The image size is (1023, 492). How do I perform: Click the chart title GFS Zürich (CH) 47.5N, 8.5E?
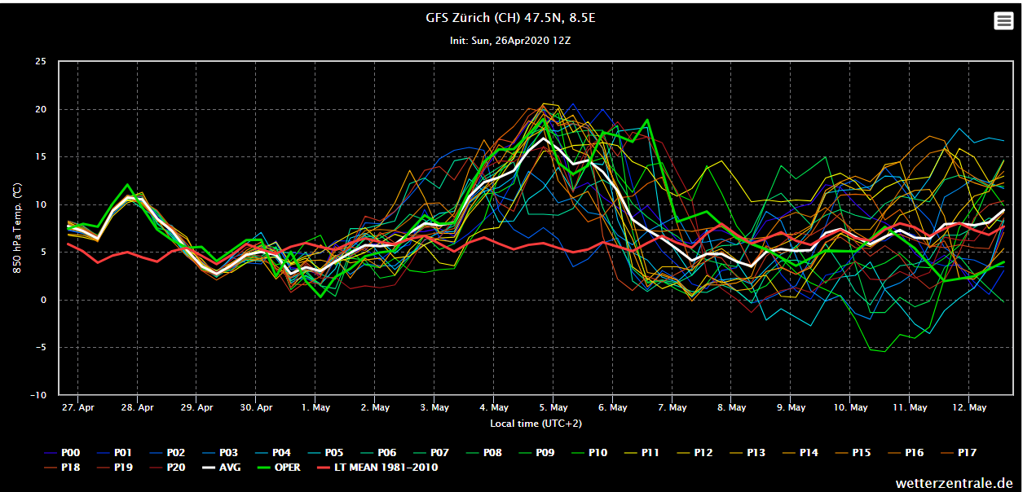coord(510,18)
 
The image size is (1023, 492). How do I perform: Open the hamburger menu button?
coord(1003,21)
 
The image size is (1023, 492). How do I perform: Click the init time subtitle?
coord(510,40)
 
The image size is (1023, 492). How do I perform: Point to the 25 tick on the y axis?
coord(41,62)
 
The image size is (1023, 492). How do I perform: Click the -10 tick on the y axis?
coord(38,395)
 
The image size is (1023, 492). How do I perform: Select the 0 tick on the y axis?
coord(44,300)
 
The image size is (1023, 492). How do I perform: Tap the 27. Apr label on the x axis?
coord(78,407)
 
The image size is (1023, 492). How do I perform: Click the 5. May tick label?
coord(553,407)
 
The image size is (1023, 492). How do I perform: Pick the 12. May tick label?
coord(969,407)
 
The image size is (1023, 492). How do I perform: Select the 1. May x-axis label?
coord(315,407)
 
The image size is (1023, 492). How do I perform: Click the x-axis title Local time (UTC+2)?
coord(536,424)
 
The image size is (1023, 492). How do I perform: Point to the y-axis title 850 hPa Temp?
coord(16,228)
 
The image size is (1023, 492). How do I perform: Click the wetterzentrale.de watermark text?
coord(954,481)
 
